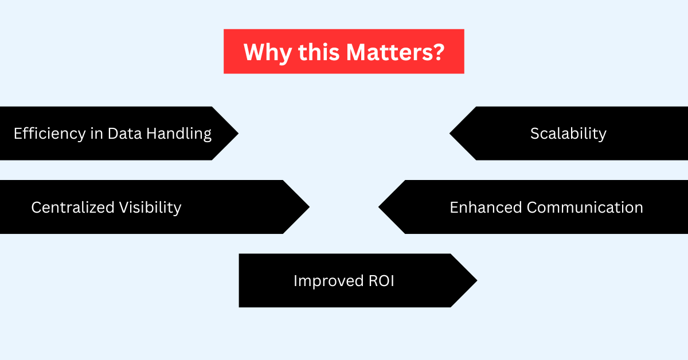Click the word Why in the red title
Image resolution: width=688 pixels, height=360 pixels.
(268, 53)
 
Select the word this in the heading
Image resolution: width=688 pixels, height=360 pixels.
(319, 52)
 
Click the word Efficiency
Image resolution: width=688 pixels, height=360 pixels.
(49, 134)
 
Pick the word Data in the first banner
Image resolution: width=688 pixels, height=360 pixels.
(125, 134)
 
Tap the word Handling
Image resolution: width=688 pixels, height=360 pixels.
(179, 134)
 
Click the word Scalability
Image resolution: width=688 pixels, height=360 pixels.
(568, 134)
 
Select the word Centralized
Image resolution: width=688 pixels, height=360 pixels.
(73, 208)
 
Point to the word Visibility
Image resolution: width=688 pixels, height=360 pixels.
(150, 208)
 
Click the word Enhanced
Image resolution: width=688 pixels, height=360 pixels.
(486, 208)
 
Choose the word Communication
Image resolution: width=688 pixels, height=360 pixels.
(585, 208)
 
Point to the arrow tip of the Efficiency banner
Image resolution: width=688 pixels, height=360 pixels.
(238, 134)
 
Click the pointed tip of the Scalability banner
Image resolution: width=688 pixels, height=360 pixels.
(450, 134)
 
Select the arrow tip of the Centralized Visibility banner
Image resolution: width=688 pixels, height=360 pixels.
(309, 207)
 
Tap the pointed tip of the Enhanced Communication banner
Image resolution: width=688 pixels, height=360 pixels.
(379, 207)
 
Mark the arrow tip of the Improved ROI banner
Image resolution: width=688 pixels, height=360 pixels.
(476, 280)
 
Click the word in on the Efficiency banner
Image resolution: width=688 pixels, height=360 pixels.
(96, 134)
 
